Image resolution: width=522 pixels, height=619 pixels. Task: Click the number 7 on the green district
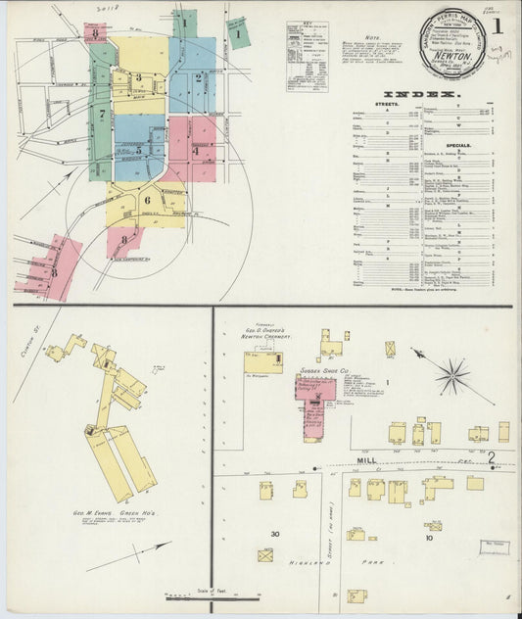101,115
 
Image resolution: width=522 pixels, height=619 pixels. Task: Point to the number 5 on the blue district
139,151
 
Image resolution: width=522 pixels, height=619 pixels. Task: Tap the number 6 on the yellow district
148,200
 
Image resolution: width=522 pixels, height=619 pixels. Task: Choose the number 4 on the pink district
196,151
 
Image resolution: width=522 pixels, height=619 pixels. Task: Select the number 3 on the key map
138,77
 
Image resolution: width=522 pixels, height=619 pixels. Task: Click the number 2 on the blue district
197,77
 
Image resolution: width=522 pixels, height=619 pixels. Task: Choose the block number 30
275,533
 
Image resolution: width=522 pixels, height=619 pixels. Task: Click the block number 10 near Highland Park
428,538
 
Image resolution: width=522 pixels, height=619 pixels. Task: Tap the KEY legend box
307,55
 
